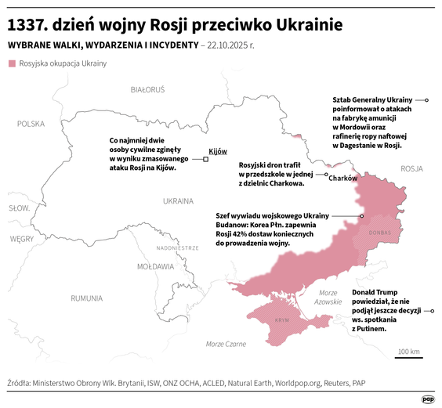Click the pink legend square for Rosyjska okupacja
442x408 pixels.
pos(11,63)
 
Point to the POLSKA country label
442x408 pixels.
pos(31,124)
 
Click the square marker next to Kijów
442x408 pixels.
pos(205,159)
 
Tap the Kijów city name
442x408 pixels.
pos(218,151)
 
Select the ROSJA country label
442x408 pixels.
pos(411,168)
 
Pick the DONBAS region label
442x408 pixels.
pos(379,233)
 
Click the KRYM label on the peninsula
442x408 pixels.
pos(281,321)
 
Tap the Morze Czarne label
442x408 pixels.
pos(226,344)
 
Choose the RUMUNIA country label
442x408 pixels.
pos(86,298)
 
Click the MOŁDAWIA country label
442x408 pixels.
pos(155,266)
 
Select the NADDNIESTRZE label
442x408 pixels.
pos(178,247)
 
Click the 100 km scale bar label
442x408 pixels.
pos(409,351)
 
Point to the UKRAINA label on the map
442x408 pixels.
pos(178,200)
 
